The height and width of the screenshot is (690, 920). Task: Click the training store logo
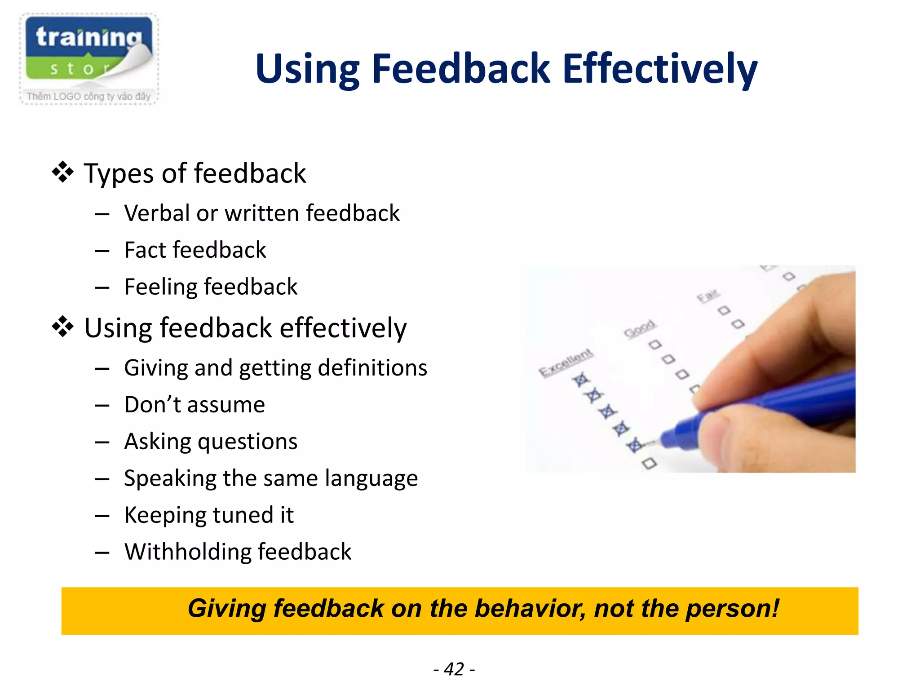pos(88,58)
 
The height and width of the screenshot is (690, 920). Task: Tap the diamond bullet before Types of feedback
pos(62,172)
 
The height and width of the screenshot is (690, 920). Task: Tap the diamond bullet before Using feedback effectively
pos(62,327)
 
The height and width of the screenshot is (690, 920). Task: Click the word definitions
pos(372,368)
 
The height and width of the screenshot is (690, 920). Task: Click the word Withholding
pos(187,552)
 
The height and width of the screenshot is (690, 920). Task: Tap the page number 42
pos(454,669)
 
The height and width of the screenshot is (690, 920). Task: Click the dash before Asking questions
pos(102,442)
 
